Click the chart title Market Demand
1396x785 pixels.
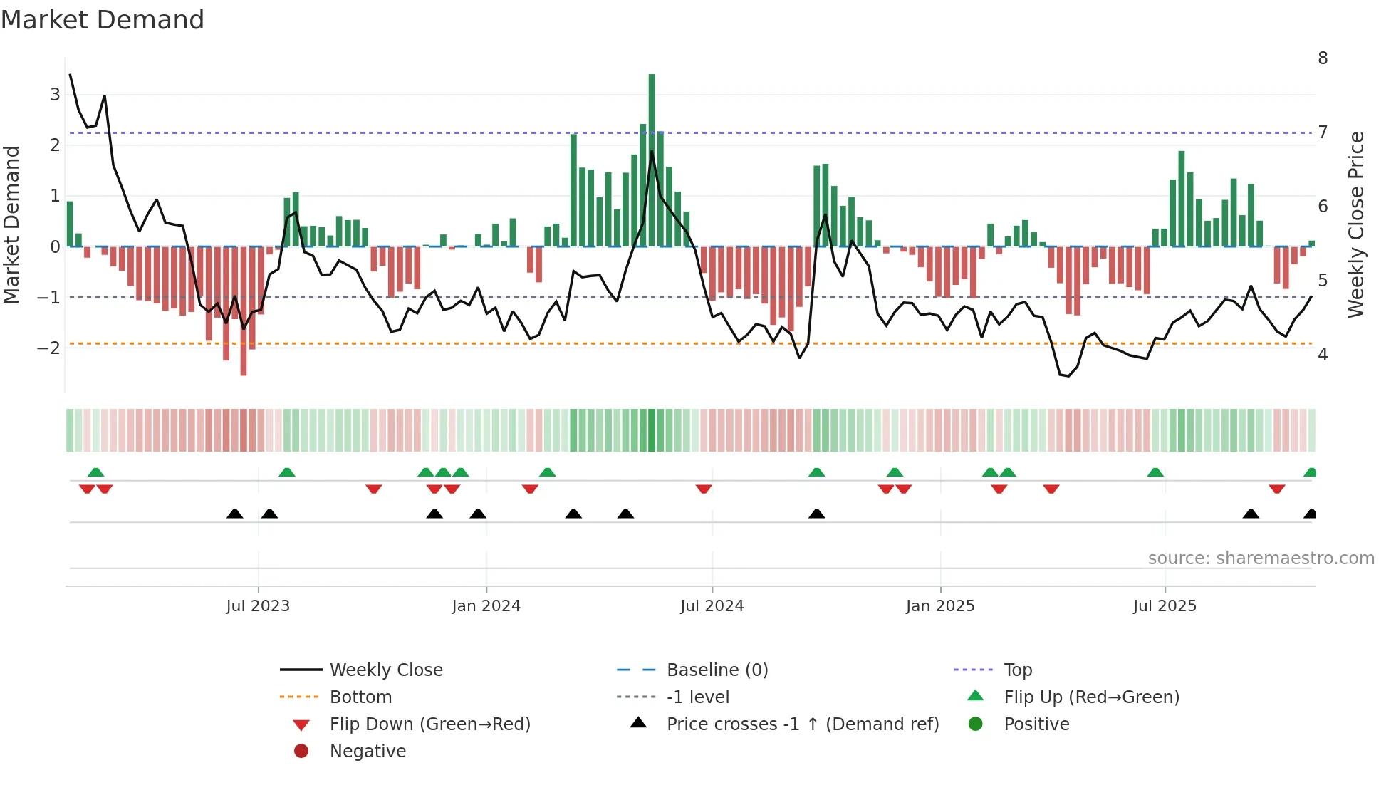103,20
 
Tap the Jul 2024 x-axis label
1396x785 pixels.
712,606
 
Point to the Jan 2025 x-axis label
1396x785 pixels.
939,606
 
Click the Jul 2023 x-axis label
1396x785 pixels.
258,606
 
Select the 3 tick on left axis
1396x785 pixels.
55,95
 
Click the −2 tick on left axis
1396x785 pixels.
49,348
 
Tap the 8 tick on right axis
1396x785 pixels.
1323,58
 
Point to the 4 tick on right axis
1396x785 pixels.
1323,355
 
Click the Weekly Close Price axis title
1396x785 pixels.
1356,224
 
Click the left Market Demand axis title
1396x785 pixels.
12,224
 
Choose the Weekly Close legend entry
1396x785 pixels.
385,670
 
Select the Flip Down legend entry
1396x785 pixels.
429,724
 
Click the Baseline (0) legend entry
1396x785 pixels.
717,670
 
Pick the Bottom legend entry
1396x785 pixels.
360,697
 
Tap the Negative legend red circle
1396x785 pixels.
301,752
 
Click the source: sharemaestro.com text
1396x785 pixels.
1261,558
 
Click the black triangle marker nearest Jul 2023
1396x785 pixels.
269,514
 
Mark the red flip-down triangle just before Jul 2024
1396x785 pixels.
704,489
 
